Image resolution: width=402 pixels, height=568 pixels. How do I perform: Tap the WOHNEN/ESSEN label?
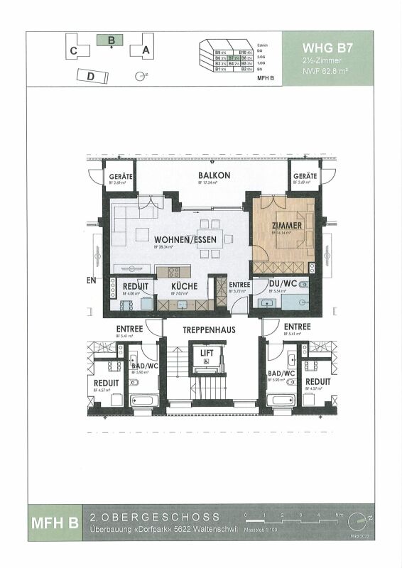(x=185, y=239)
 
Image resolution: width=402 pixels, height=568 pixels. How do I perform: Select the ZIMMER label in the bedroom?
(x=286, y=226)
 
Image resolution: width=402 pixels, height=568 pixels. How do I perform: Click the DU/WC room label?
(x=283, y=284)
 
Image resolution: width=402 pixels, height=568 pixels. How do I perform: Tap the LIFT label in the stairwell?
(x=207, y=352)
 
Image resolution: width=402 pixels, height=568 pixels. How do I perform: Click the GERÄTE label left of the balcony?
(x=118, y=175)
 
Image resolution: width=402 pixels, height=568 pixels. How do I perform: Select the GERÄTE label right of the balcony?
(x=305, y=175)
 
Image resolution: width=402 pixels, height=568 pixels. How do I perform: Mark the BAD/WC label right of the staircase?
(x=281, y=373)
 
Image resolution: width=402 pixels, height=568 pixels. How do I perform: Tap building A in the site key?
(x=146, y=50)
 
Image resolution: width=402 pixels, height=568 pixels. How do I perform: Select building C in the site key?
(x=75, y=51)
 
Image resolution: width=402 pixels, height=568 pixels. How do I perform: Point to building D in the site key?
(x=90, y=75)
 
